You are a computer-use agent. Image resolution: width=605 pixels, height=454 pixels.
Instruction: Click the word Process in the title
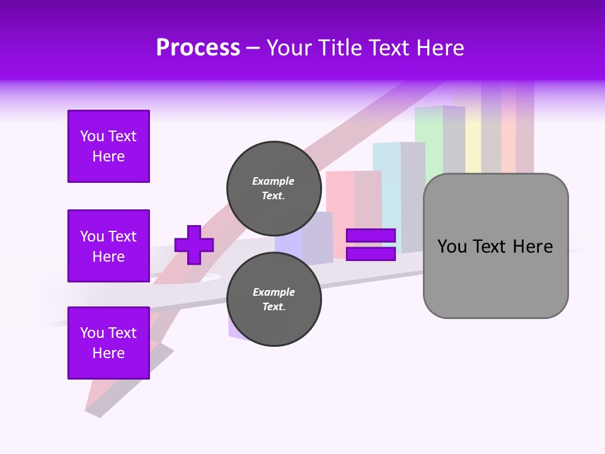[198, 48]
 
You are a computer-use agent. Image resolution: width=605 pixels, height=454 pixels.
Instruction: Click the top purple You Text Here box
[108, 146]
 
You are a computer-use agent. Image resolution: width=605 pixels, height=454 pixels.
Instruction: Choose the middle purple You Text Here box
[108, 246]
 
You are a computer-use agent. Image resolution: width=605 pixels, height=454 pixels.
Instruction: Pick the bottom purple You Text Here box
[108, 343]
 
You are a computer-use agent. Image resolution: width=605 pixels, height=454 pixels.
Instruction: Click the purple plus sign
[194, 245]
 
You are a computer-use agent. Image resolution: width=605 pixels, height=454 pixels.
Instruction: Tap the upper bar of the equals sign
[371, 235]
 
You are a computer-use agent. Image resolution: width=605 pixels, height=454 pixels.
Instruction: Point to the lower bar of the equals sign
[371, 254]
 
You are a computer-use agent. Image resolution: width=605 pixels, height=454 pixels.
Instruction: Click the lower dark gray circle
[274, 299]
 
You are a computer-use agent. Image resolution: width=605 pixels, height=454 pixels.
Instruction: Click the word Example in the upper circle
[274, 181]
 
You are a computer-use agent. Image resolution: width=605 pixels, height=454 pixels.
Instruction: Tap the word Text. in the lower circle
[274, 307]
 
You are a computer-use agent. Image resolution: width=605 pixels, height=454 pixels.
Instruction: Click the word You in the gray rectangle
[452, 247]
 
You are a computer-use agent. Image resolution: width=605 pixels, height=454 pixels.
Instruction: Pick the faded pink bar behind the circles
[340, 202]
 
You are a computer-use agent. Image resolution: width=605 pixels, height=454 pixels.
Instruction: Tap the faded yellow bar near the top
[473, 145]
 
